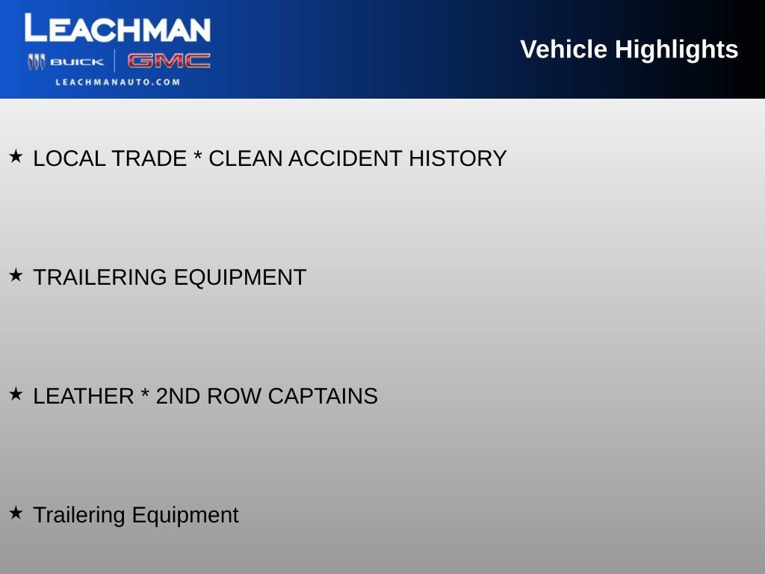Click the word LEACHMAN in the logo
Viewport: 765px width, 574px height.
point(117,28)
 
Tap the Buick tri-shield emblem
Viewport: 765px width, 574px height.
point(36,62)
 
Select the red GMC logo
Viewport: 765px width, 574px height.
point(168,61)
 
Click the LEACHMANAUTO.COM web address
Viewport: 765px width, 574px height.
point(117,82)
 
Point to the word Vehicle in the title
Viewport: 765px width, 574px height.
point(563,49)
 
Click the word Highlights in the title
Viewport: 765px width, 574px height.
point(677,49)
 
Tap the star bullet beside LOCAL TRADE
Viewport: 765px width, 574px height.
point(16,156)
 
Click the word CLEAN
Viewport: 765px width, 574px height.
point(245,158)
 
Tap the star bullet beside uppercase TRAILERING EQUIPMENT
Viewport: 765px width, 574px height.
point(16,275)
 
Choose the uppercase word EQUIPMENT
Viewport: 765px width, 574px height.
point(240,277)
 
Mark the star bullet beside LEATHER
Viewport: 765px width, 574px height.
point(16,394)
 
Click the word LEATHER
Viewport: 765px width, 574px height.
point(84,396)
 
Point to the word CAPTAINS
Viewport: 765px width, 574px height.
point(323,396)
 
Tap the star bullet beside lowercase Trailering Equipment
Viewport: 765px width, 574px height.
point(16,513)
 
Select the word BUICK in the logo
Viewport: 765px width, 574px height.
point(77,62)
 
